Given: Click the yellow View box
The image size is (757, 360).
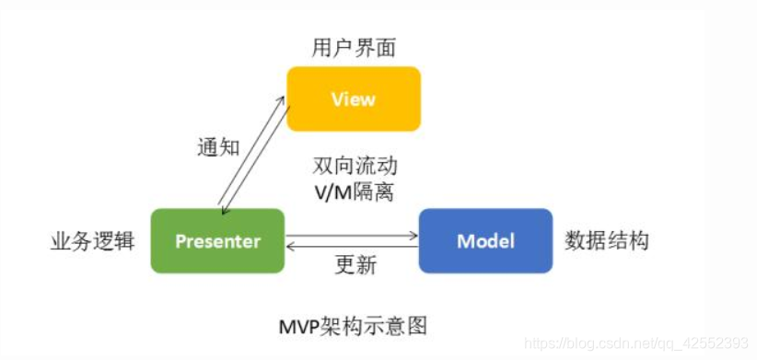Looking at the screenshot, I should (x=354, y=99).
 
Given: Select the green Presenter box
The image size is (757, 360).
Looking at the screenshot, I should (x=217, y=241).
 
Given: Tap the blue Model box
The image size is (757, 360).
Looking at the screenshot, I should (x=485, y=241).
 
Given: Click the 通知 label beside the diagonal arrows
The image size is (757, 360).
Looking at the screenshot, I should (x=218, y=147).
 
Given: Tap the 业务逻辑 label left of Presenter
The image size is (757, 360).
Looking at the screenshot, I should (x=92, y=241).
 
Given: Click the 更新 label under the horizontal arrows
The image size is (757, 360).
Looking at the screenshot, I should (x=355, y=268).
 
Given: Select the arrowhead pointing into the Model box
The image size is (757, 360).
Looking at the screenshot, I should (x=414, y=236).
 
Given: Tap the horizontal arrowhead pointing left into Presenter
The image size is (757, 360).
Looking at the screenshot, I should (x=291, y=246).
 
